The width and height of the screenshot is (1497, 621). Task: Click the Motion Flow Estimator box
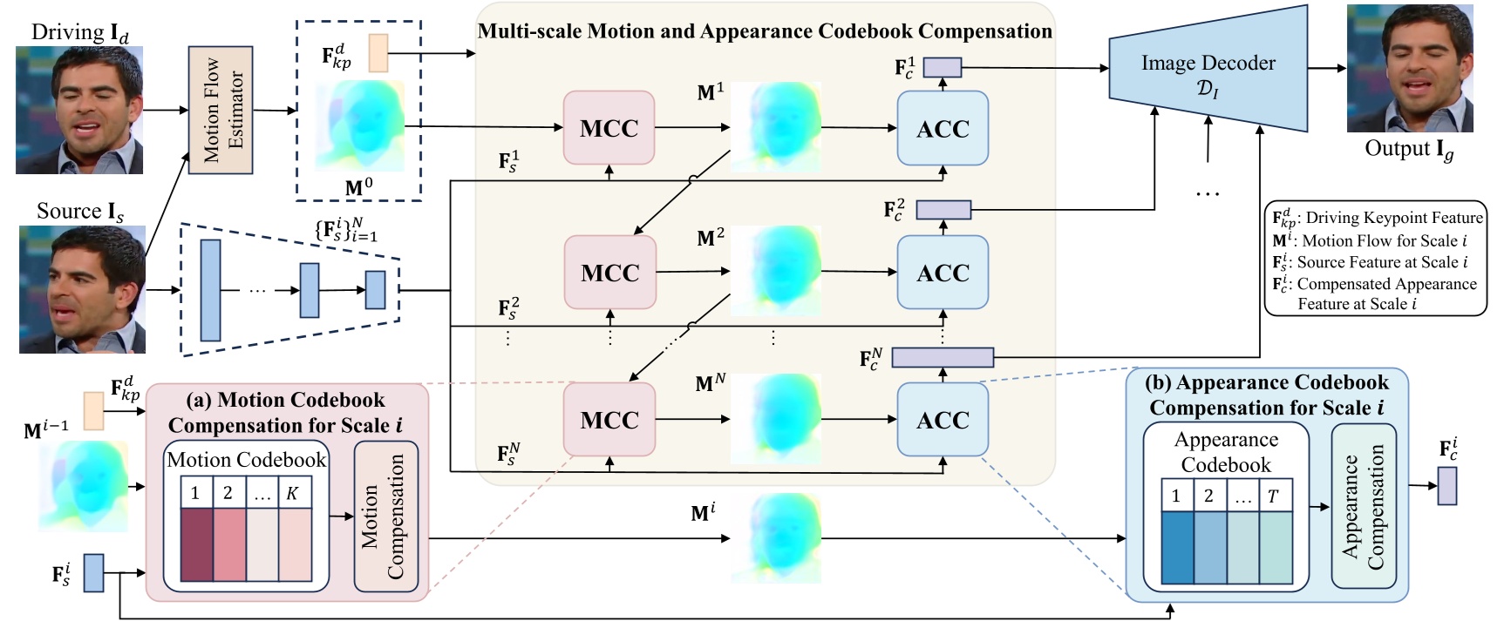click(x=221, y=110)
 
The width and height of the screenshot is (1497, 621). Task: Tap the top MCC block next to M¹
click(x=609, y=128)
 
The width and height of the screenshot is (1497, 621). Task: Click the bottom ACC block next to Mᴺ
click(x=942, y=420)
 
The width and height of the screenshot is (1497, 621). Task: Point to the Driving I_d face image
click(x=79, y=110)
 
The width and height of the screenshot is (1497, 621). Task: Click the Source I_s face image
click(x=82, y=289)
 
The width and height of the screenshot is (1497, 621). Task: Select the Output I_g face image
click(x=1409, y=70)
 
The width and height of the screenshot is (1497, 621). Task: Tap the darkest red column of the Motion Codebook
click(x=196, y=545)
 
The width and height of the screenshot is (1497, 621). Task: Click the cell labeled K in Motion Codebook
click(x=293, y=494)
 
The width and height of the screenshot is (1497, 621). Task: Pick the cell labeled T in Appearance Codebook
click(x=1274, y=496)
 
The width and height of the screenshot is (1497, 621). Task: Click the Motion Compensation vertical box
click(x=384, y=516)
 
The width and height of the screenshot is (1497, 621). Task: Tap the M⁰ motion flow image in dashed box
click(x=360, y=125)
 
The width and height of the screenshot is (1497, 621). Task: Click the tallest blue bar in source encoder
click(x=210, y=290)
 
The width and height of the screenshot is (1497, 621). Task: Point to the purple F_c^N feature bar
click(x=942, y=357)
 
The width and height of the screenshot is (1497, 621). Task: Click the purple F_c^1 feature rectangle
click(x=942, y=67)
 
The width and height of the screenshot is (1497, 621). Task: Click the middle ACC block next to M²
click(x=942, y=273)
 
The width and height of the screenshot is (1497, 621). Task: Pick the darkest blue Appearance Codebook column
click(x=1177, y=547)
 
